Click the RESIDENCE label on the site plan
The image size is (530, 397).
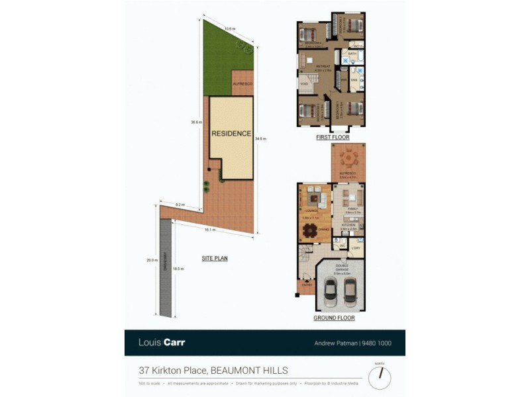[x=231, y=134]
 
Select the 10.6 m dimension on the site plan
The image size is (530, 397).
[x=229, y=29]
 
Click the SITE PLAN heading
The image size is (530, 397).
[x=215, y=259]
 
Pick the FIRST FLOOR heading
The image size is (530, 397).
[x=333, y=138]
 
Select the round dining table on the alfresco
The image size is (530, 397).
[x=348, y=159]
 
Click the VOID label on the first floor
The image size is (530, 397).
[x=305, y=85]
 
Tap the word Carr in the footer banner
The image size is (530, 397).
[x=176, y=343]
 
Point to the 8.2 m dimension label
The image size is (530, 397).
[x=180, y=204]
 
